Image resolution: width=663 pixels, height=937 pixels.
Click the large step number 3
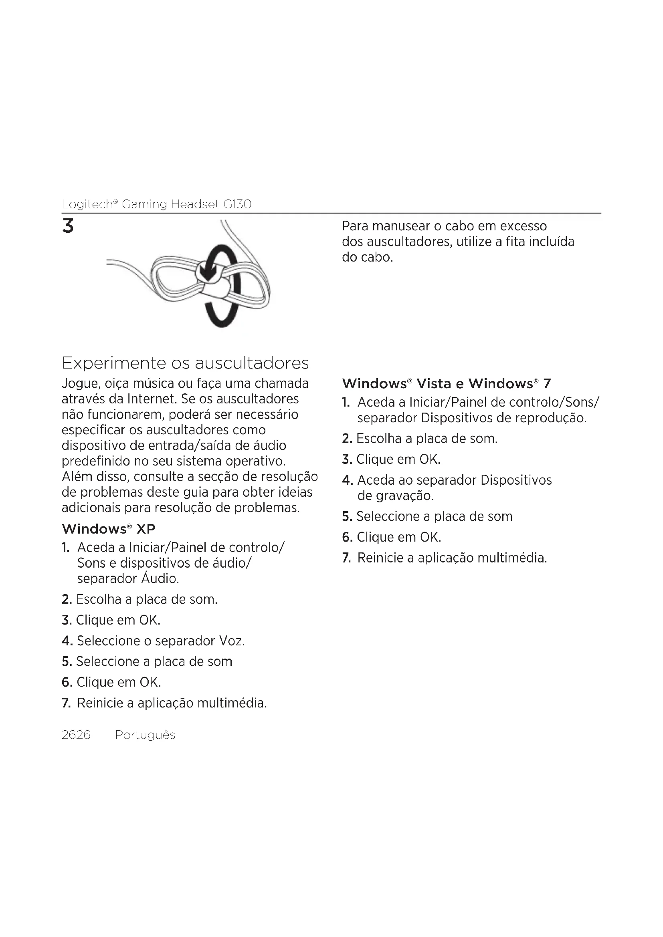point(68,226)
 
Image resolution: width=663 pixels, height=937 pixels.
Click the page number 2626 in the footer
point(76,735)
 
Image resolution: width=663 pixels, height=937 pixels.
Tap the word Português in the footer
point(145,735)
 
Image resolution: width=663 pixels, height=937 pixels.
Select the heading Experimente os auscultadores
point(185,363)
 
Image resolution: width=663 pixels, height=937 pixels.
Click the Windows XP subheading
point(108,529)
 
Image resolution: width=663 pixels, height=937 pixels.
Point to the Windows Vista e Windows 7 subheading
point(446,384)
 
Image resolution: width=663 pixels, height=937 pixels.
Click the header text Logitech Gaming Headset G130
point(156,204)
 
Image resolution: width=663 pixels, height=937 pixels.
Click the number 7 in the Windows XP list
point(66,703)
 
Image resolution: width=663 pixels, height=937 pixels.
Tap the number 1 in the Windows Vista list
point(346,403)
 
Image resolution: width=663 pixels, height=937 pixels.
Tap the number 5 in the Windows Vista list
point(347,517)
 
